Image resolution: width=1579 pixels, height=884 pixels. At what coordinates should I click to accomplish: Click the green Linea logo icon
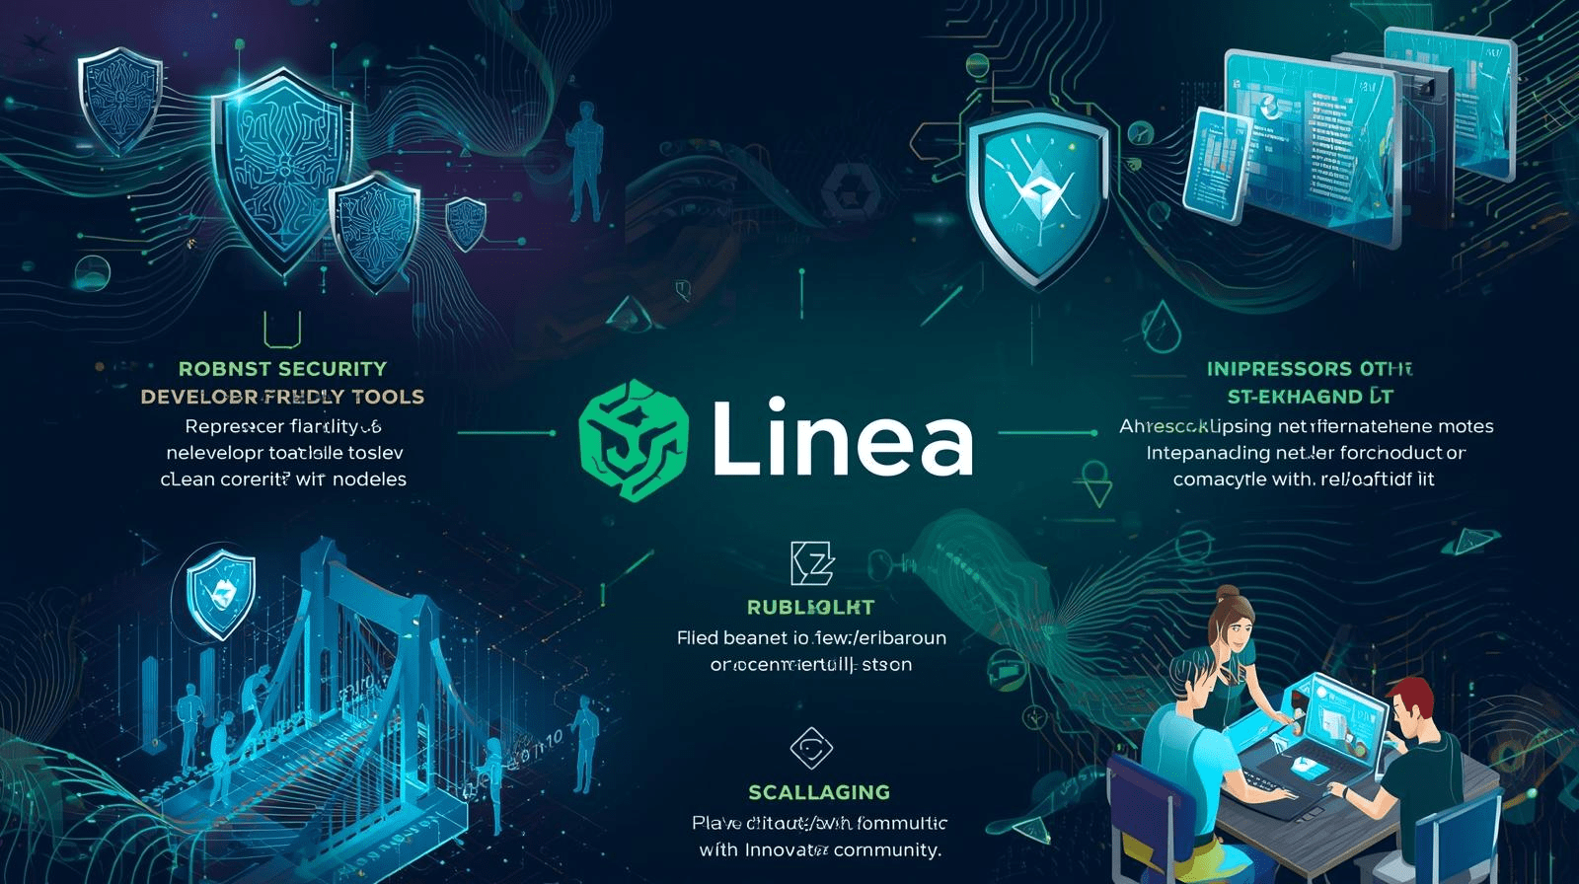[x=633, y=440]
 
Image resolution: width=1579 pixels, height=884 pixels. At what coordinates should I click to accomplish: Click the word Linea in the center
[x=841, y=438]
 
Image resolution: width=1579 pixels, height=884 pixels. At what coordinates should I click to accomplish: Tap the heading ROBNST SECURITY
[x=282, y=369]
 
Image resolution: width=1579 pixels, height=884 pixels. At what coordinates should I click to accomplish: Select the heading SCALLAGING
[x=819, y=792]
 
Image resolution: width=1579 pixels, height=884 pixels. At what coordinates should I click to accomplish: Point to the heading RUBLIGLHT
[x=810, y=608]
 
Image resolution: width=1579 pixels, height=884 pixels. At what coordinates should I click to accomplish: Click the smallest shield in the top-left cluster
[x=466, y=222]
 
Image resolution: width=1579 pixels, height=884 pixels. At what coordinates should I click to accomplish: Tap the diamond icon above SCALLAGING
[x=811, y=748]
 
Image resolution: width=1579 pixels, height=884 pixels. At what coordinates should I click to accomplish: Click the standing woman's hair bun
[x=1228, y=595]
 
